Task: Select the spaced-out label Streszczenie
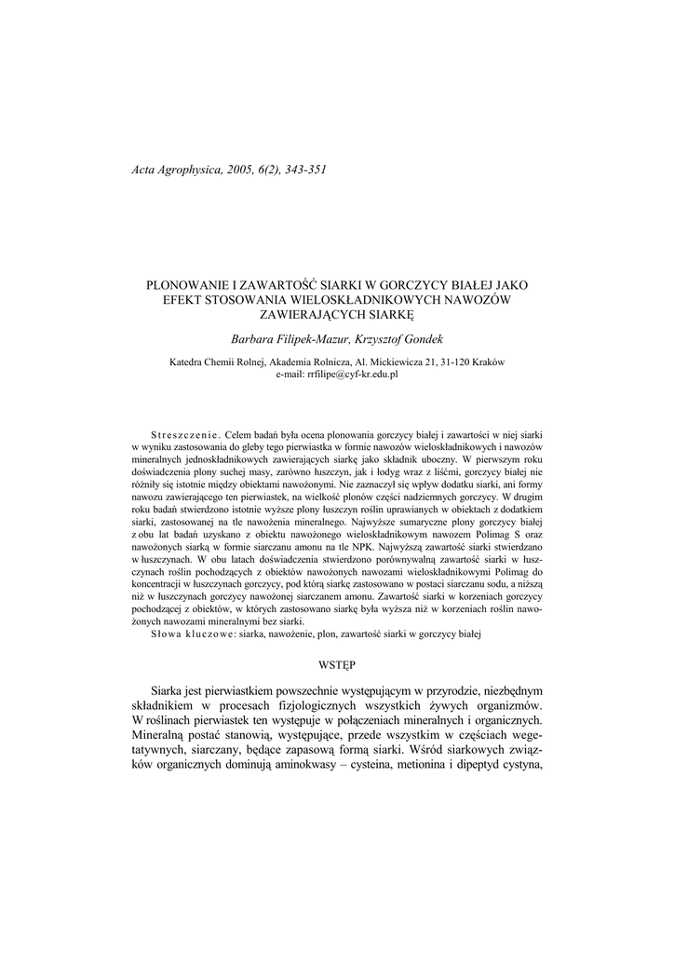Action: click(x=183, y=435)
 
